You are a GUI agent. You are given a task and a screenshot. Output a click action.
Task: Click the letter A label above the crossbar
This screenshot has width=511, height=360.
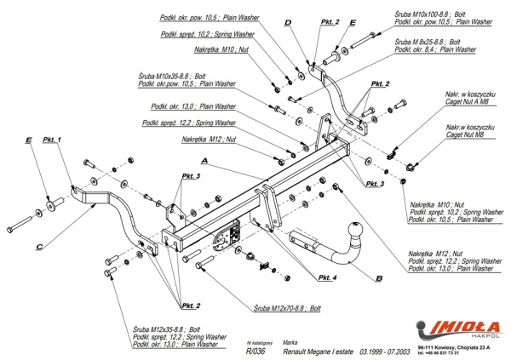(x=204, y=159)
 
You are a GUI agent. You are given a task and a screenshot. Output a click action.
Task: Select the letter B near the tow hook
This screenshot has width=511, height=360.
(x=378, y=277)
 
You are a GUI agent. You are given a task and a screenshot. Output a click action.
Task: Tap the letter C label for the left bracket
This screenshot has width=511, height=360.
(x=39, y=249)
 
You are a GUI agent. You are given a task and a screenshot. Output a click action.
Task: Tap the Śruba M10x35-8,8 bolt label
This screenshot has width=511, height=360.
(x=164, y=77)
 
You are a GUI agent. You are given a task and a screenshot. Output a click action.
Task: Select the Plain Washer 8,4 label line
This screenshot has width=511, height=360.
(x=435, y=49)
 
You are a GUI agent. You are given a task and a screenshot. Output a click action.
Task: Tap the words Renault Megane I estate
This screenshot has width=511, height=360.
(x=319, y=350)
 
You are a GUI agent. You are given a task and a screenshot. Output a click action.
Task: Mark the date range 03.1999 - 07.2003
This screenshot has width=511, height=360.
(x=384, y=350)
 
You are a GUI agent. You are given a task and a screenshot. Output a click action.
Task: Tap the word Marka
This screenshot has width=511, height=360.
(x=290, y=338)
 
